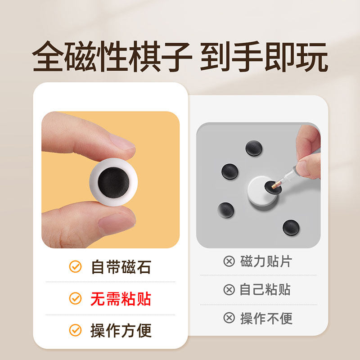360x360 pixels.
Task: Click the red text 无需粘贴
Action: (121, 298)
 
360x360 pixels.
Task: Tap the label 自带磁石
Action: (121, 267)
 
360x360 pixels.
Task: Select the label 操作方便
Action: (121, 330)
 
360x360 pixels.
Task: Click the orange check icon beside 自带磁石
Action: (75, 267)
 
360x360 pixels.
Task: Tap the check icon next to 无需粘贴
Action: (75, 298)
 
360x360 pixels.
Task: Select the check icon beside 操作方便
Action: (75, 330)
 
